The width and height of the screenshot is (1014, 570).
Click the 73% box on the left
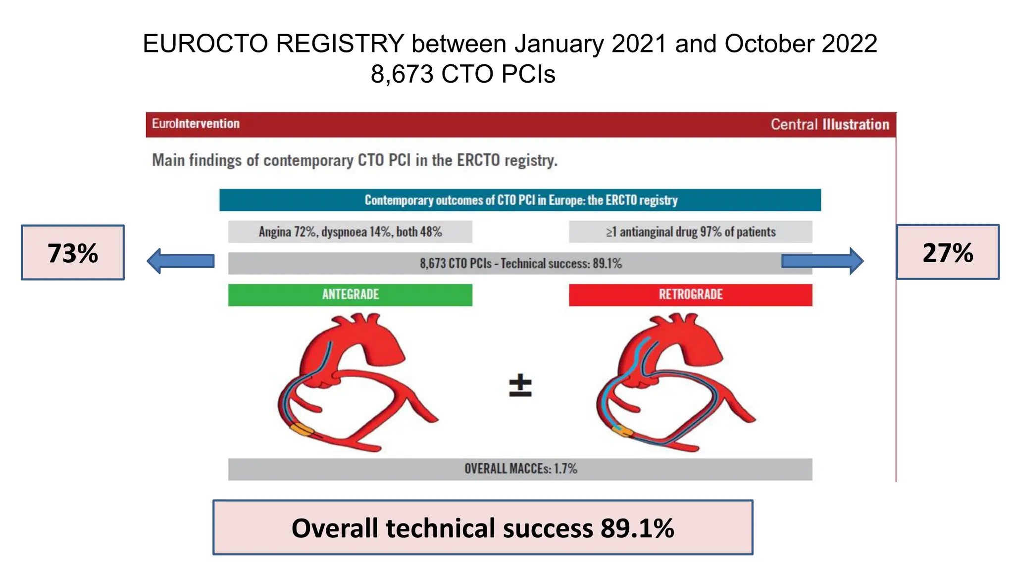[73, 252]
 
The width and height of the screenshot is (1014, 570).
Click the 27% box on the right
[948, 252]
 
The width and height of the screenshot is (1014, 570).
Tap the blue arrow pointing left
[181, 261]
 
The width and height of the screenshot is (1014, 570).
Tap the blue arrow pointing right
[822, 261]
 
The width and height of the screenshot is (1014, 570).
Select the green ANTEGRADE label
[350, 295]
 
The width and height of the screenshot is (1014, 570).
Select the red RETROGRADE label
[690, 295]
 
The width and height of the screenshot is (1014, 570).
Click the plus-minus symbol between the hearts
[520, 386]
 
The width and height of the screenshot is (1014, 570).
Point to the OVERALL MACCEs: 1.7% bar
[520, 469]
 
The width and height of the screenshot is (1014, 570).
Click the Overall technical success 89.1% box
[483, 527]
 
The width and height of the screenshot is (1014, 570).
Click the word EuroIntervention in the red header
[196, 124]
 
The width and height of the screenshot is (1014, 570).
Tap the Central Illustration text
[829, 124]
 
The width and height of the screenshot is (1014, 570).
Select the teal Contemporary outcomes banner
[520, 200]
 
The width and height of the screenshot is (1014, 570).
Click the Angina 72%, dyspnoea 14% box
[350, 232]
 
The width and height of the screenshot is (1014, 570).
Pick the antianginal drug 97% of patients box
[690, 232]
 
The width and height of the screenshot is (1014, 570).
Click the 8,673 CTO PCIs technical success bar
[520, 263]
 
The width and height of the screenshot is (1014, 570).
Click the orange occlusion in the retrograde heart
[622, 431]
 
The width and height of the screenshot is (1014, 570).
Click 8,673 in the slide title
[402, 74]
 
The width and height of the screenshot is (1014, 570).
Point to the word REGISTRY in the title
[340, 44]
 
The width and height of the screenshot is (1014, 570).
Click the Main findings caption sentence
[355, 160]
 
